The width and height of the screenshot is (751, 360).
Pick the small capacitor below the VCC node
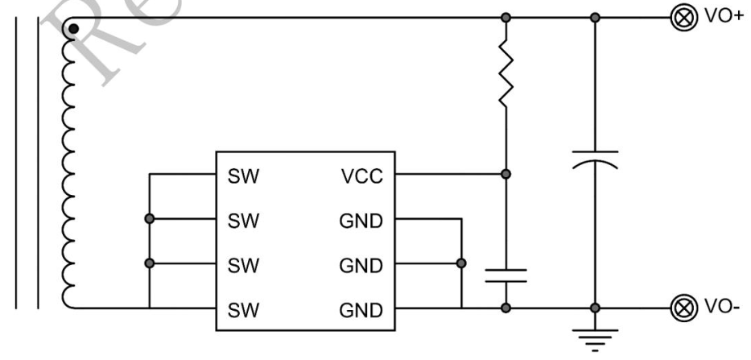tap(505, 275)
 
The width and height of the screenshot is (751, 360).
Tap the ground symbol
tap(594, 338)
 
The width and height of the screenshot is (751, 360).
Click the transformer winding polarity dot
tap(73, 30)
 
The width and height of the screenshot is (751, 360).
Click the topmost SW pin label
tap(244, 175)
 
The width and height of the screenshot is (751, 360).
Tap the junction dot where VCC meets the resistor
tap(505, 173)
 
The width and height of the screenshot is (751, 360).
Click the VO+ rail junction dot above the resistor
tap(505, 17)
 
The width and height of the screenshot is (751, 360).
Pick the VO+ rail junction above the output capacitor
tap(594, 17)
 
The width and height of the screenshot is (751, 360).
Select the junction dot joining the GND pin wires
tap(461, 263)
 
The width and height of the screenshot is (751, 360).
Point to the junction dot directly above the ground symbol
tap(594, 308)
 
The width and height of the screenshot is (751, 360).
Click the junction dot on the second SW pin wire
tap(150, 218)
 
